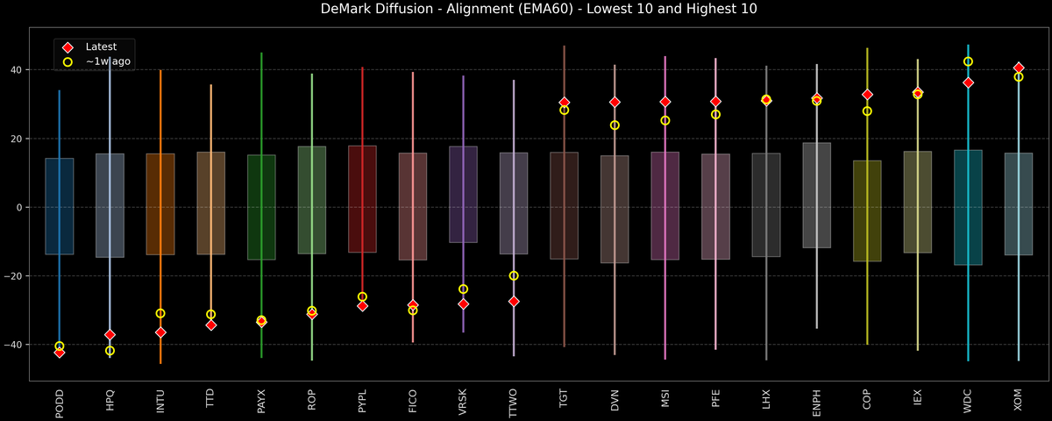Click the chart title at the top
[x=526, y=10]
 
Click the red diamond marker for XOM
[x=1019, y=68]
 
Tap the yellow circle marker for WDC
[x=968, y=61]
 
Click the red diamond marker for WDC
[x=968, y=82]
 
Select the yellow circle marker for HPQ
[x=110, y=351]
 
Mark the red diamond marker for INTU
[x=160, y=332]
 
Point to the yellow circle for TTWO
[x=514, y=275]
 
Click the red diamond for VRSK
[x=463, y=303]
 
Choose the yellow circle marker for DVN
[x=615, y=125]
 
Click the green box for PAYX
[x=261, y=207]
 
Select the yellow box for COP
[x=867, y=210]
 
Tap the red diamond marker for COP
[x=867, y=95]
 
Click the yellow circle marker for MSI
[x=665, y=120]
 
